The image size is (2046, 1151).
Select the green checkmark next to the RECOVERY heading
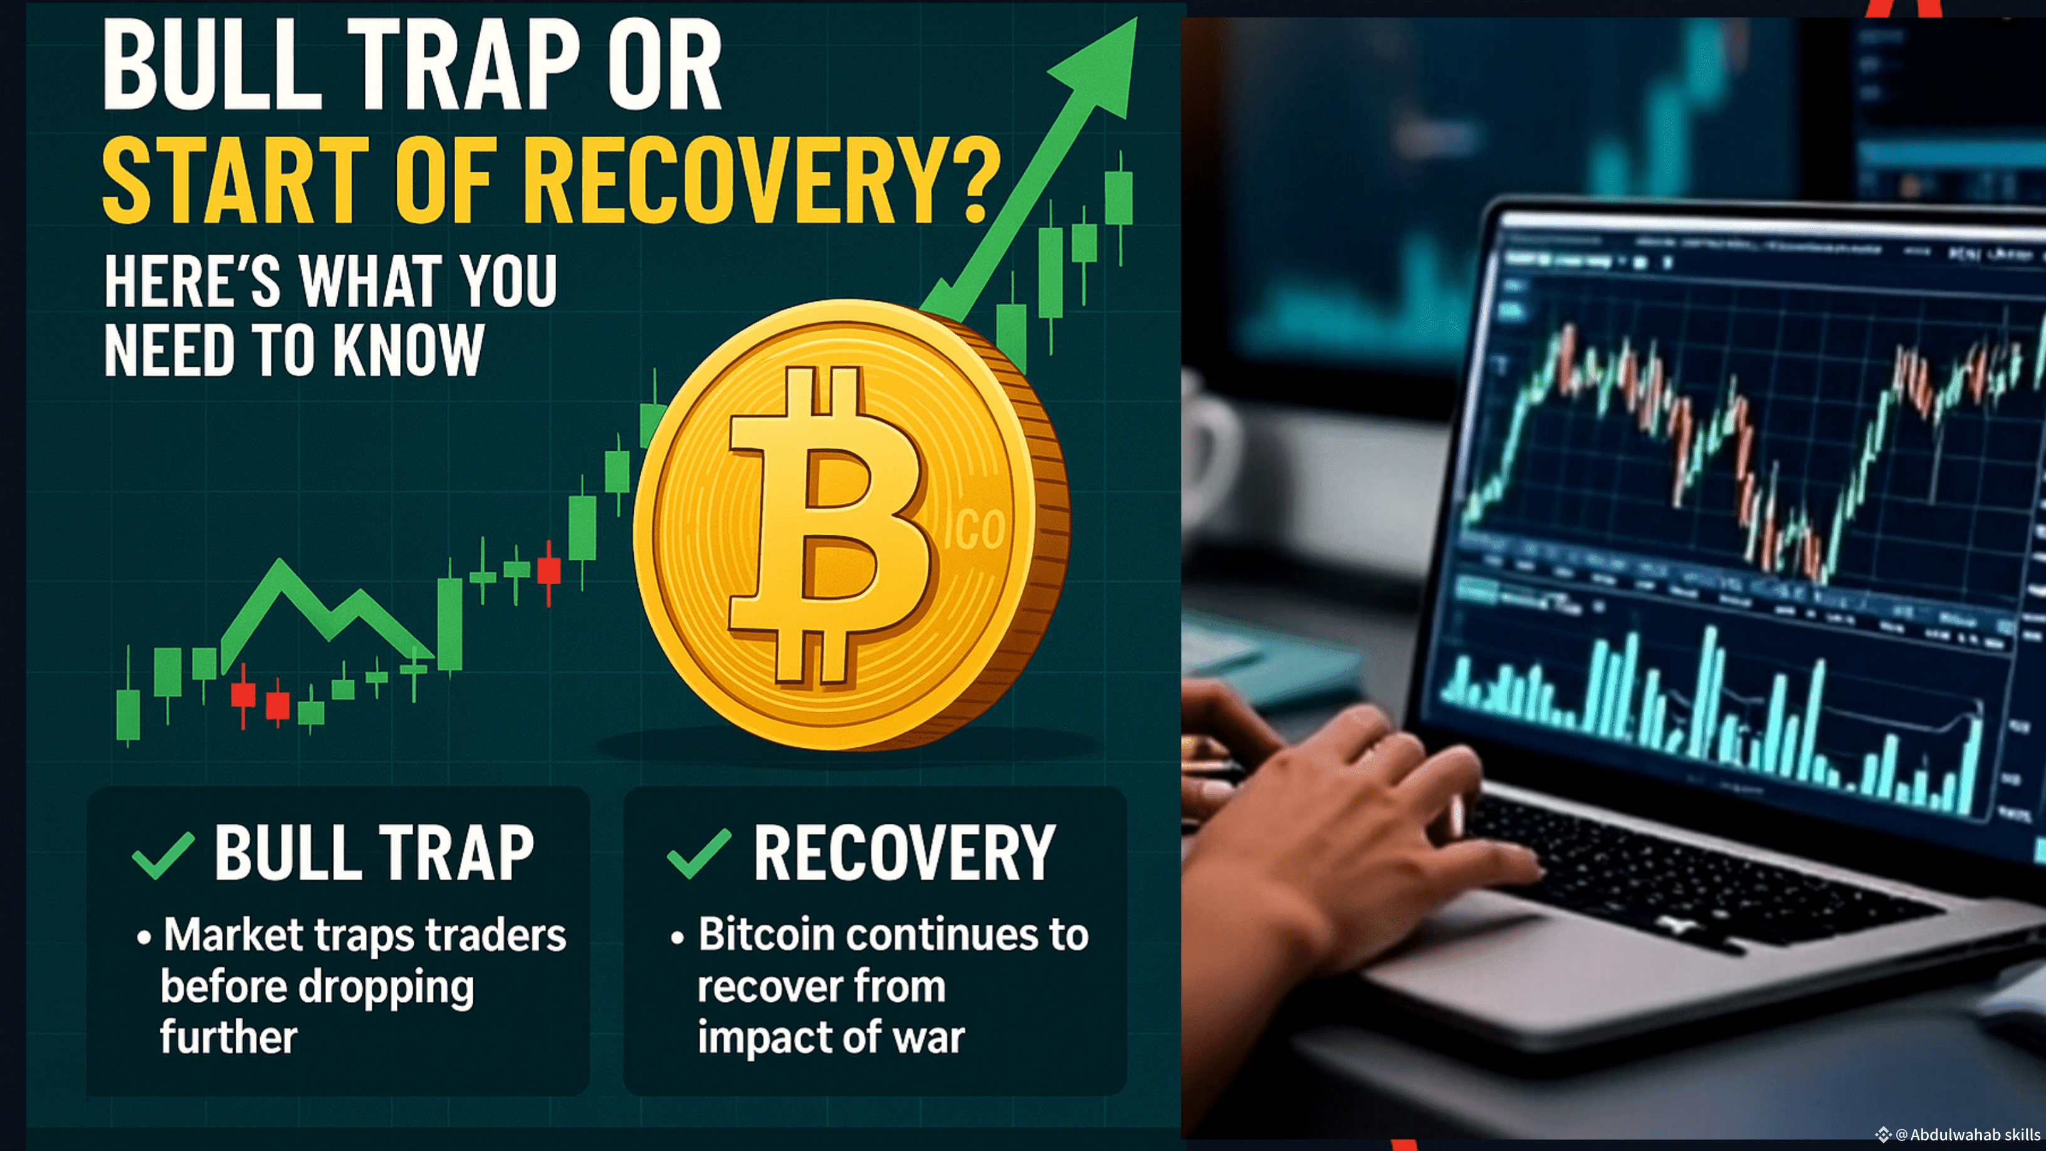tap(699, 854)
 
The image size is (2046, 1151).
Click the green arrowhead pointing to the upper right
tap(1100, 63)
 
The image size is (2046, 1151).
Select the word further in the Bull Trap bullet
tap(229, 1037)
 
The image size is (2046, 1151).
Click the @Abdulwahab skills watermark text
tap(1968, 1134)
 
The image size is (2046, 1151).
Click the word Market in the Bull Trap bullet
tap(234, 934)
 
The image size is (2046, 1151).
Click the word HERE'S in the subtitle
tap(192, 281)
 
